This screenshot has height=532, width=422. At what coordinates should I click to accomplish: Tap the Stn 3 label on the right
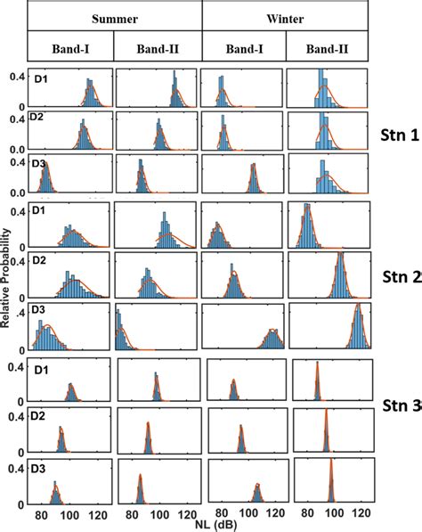[x=401, y=408]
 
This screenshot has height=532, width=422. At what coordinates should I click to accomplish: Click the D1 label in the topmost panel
[x=41, y=78]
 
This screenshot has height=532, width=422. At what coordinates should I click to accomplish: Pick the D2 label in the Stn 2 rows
[x=40, y=261]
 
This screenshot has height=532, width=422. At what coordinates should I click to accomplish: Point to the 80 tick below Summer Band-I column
[x=41, y=515]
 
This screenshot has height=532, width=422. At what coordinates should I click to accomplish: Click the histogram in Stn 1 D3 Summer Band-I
[x=45, y=182]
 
